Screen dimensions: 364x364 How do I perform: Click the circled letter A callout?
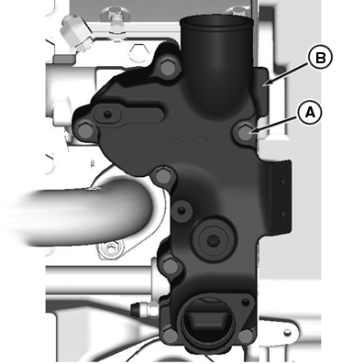(x=310, y=112)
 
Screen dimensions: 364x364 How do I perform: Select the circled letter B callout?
(x=319, y=58)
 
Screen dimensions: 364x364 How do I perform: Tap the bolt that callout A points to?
(x=243, y=133)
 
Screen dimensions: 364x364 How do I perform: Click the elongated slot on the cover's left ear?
(x=112, y=114)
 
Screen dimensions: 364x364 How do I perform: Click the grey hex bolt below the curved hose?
(x=114, y=248)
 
